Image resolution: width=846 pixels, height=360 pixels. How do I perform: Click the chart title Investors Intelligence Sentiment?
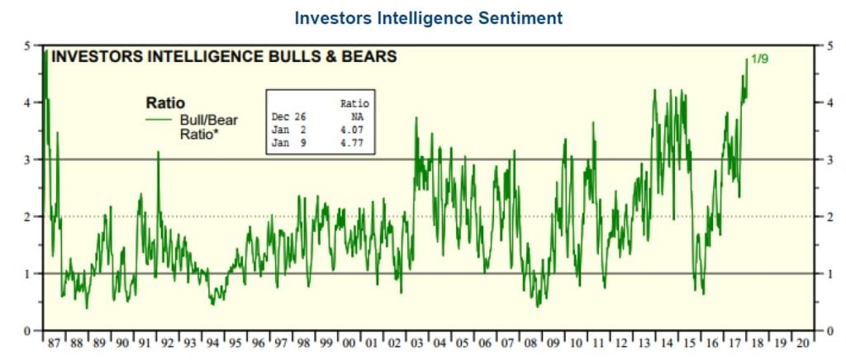tap(429, 18)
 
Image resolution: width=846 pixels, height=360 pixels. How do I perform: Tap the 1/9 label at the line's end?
tap(759, 59)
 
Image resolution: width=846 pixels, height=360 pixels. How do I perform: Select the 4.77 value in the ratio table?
tap(354, 144)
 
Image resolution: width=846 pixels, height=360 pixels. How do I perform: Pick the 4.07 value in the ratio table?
tap(354, 130)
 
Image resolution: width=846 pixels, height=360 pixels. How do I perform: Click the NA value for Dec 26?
tap(358, 116)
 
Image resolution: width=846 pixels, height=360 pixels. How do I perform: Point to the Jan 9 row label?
tap(287, 144)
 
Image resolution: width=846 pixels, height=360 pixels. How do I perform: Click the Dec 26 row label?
tap(287, 116)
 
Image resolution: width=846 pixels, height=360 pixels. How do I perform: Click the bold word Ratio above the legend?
tap(165, 102)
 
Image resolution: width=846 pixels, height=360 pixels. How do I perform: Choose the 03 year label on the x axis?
tap(417, 343)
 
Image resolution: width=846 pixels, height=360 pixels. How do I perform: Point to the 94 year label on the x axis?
tap(212, 343)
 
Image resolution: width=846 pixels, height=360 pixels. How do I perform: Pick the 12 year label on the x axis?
tap(621, 343)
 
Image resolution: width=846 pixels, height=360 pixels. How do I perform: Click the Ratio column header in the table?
tap(355, 103)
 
